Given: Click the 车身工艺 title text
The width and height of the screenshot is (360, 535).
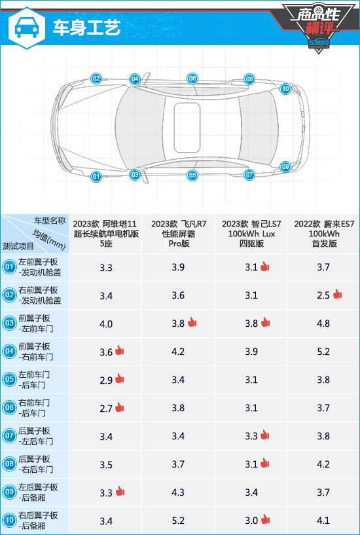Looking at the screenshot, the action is (x=86, y=28).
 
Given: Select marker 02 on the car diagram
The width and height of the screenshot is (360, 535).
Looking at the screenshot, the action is (x=96, y=79).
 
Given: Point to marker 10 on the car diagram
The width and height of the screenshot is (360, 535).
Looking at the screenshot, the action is (x=285, y=90).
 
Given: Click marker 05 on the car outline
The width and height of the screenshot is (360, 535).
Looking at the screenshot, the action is (x=192, y=175).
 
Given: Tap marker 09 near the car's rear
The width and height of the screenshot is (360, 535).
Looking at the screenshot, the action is (x=285, y=167).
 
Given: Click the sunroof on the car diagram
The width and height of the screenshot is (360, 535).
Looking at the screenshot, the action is (x=187, y=128).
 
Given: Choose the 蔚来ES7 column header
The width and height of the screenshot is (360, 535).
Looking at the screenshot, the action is (x=323, y=234).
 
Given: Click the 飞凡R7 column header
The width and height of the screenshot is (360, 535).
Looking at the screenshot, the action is (x=178, y=234).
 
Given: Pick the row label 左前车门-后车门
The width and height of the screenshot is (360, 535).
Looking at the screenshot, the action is (x=34, y=380).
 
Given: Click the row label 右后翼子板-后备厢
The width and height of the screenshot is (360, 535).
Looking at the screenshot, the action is (x=38, y=521).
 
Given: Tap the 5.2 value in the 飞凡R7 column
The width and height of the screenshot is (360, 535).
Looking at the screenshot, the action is (x=178, y=521).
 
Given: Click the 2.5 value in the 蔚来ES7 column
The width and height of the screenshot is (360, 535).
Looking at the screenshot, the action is (x=323, y=295).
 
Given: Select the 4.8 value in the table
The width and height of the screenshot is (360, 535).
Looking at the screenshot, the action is (x=323, y=323).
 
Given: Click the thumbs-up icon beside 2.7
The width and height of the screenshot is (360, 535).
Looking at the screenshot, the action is (x=119, y=407).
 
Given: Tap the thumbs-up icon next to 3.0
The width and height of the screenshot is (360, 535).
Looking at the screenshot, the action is (x=265, y=520).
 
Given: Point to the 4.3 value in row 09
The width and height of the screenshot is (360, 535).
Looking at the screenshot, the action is (x=178, y=492).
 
